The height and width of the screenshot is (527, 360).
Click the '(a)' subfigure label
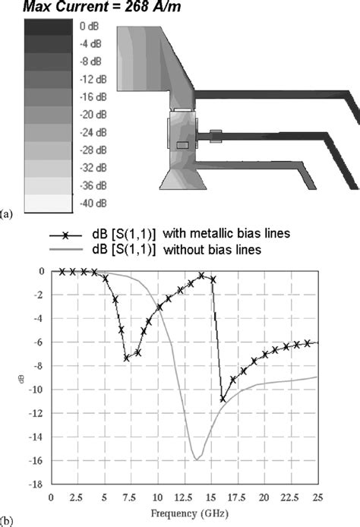8,215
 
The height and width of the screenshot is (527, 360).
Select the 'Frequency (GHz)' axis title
189,513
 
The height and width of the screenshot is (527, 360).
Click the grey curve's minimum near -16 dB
196,459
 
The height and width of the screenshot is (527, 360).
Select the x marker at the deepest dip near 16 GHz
223,399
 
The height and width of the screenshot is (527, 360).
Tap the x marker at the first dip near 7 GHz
127,358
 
